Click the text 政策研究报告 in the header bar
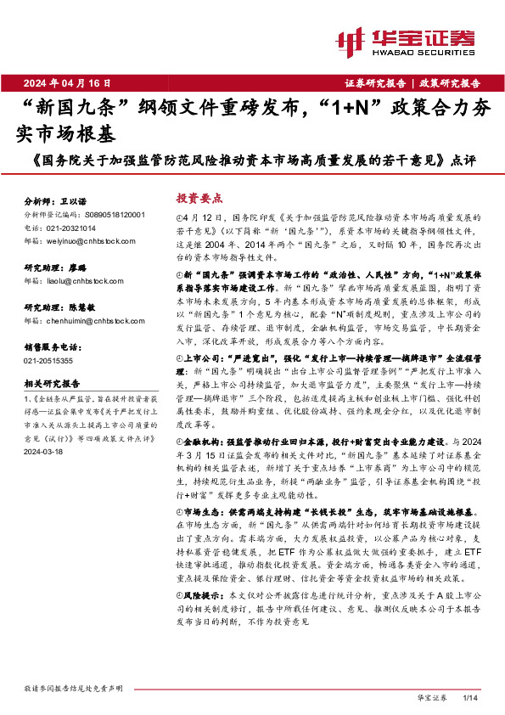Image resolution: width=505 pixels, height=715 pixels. click(x=450, y=83)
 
